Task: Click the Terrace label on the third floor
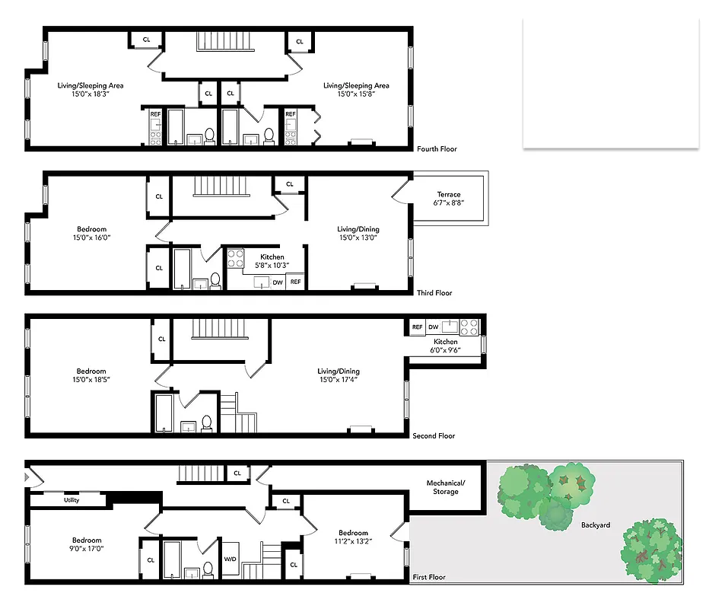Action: [x=449, y=195]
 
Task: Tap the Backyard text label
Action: [x=596, y=525]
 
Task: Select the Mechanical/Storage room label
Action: [x=446, y=487]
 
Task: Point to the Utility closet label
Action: [x=72, y=500]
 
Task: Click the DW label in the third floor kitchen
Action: [x=278, y=282]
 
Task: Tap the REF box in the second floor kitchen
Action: [x=417, y=327]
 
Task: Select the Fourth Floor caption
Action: [x=437, y=149]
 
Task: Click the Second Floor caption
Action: [x=434, y=436]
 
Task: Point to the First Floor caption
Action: [x=429, y=578]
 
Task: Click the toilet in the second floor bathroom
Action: [x=206, y=423]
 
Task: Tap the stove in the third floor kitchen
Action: [x=235, y=257]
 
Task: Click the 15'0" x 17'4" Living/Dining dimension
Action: [x=339, y=379]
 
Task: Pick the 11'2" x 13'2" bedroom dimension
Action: [x=353, y=542]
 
